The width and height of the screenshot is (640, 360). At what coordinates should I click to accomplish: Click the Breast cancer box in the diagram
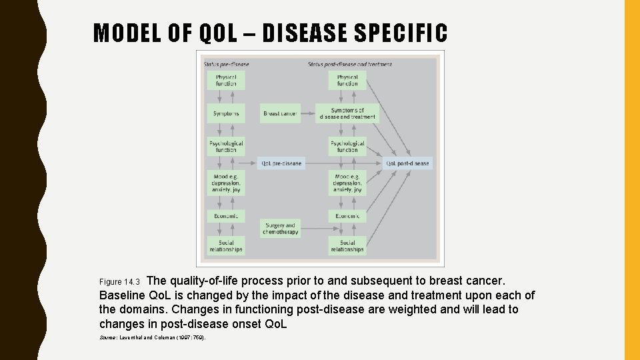280,113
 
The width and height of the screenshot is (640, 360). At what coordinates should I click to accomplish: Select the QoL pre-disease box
281,163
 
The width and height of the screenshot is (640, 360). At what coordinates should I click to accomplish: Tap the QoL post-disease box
407,163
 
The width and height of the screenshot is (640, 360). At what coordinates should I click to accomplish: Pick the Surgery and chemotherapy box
279,229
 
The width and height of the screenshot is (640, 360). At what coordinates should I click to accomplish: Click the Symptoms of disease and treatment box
347,113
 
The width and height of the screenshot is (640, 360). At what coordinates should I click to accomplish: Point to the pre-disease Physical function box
226,80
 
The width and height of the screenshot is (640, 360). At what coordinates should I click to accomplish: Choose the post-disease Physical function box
347,80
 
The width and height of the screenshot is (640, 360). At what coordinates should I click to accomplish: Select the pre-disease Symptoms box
226,113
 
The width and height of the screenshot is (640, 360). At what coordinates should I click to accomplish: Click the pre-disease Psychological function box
226,147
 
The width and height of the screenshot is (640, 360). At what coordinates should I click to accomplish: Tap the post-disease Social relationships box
347,246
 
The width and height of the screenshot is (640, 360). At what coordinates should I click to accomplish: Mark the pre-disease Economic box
226,216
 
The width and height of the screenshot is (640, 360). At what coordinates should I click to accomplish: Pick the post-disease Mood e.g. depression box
347,183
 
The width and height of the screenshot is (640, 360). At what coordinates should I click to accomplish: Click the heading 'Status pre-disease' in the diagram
227,64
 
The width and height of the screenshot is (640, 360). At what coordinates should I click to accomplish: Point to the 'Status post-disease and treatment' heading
350,64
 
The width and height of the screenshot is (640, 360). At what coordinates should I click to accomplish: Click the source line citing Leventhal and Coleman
153,338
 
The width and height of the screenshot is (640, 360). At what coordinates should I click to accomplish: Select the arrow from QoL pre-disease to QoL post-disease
343,163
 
